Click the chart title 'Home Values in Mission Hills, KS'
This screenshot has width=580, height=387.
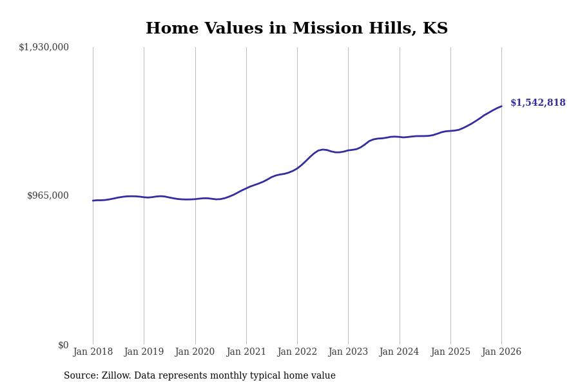pyautogui.click(x=296, y=29)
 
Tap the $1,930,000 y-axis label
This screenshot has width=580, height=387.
pyautogui.click(x=44, y=47)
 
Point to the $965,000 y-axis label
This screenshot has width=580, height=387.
pyautogui.click(x=48, y=195)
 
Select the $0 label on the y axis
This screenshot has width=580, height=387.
pyautogui.click(x=63, y=345)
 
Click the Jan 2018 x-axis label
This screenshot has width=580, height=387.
pyautogui.click(x=93, y=352)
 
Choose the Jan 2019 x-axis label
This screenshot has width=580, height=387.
pyautogui.click(x=144, y=352)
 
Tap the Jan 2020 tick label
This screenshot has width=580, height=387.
pyautogui.click(x=195, y=352)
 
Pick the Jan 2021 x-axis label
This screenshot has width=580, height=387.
pyautogui.click(x=246, y=352)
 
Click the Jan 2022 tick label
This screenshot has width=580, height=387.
pyautogui.click(x=297, y=352)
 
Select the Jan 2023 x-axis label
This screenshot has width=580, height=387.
pyautogui.click(x=348, y=352)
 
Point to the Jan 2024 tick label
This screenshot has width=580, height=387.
pyautogui.click(x=399, y=352)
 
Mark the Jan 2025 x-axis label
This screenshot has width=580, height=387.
pyautogui.click(x=450, y=352)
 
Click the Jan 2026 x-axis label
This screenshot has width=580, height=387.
pyautogui.click(x=501, y=352)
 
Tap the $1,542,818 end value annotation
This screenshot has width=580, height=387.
pyautogui.click(x=537, y=103)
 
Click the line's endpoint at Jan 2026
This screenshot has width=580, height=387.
pyautogui.click(x=501, y=106)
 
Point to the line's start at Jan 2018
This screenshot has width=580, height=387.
pyautogui.click(x=93, y=201)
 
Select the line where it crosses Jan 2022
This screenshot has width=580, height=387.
pyautogui.click(x=297, y=168)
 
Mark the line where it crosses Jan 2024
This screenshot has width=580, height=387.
pyautogui.click(x=400, y=137)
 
